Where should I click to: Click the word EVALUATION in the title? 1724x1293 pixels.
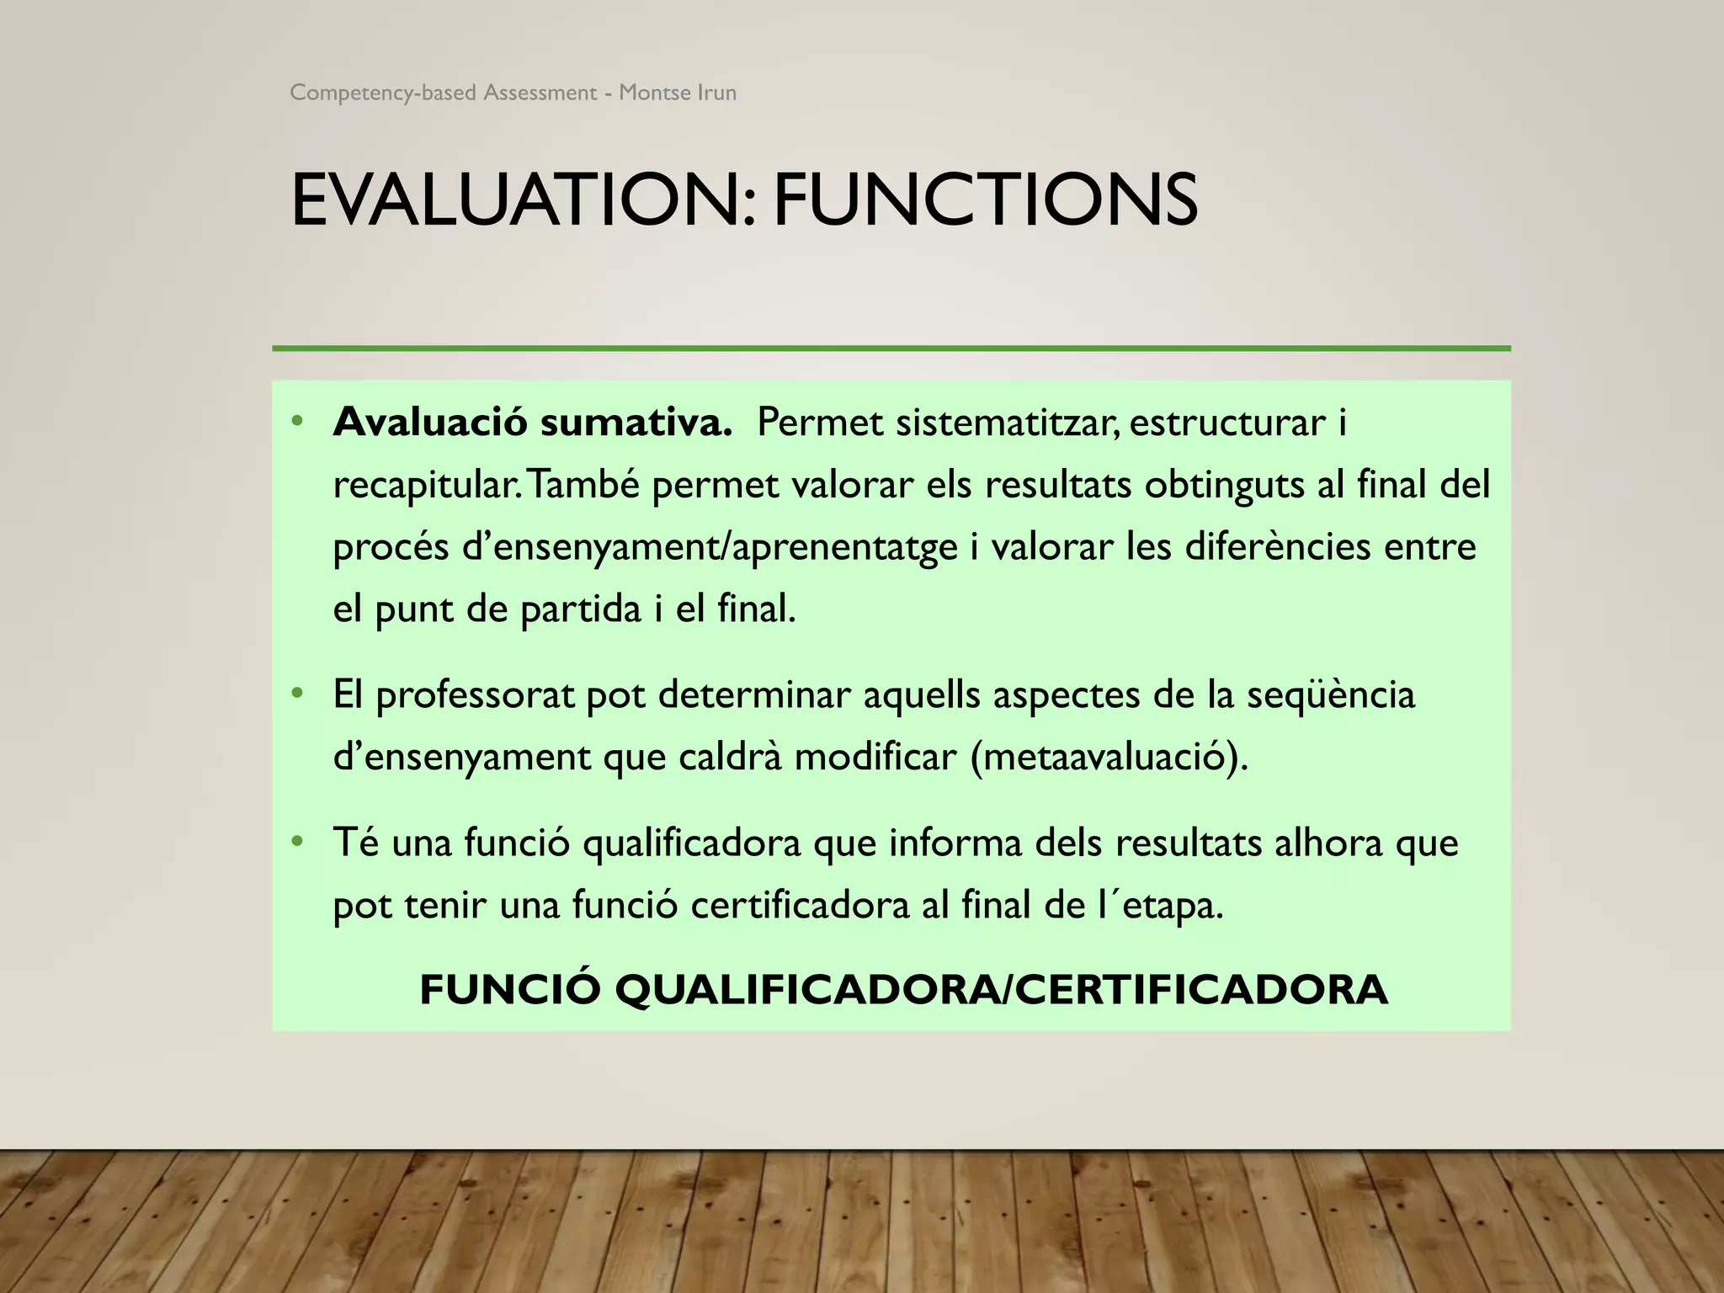coord(513,200)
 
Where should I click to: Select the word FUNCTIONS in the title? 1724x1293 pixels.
coord(985,200)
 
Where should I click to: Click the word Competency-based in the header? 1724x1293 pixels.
coord(383,93)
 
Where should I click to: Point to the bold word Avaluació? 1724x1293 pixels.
coord(431,422)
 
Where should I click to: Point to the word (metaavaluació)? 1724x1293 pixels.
coord(1109,757)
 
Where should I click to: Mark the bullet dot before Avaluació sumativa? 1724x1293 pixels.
coord(296,421)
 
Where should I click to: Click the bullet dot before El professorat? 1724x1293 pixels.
coord(296,694)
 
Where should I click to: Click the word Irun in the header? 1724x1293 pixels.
coord(716,93)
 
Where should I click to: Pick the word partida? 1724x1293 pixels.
coord(580,609)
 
